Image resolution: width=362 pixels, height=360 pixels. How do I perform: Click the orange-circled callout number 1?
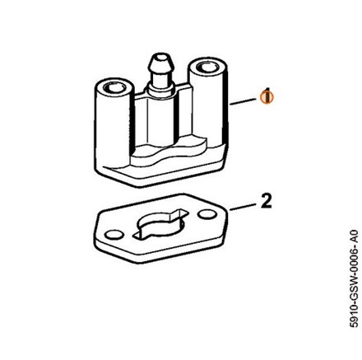[x=267, y=96]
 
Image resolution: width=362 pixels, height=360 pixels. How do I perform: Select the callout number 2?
[x=266, y=202]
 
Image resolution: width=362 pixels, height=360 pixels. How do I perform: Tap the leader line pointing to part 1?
[x=243, y=102]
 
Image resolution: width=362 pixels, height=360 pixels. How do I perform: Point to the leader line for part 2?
[x=242, y=207]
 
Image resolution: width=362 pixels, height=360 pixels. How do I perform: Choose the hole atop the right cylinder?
[x=207, y=67]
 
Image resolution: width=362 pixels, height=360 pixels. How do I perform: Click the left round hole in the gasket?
[x=114, y=235]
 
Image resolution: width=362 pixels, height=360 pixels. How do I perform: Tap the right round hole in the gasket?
[x=207, y=214]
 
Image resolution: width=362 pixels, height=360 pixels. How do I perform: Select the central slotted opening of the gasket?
[x=160, y=225]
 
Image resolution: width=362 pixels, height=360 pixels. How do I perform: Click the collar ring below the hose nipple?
[x=160, y=87]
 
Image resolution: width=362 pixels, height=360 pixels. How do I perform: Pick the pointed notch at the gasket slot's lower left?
[x=138, y=236]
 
